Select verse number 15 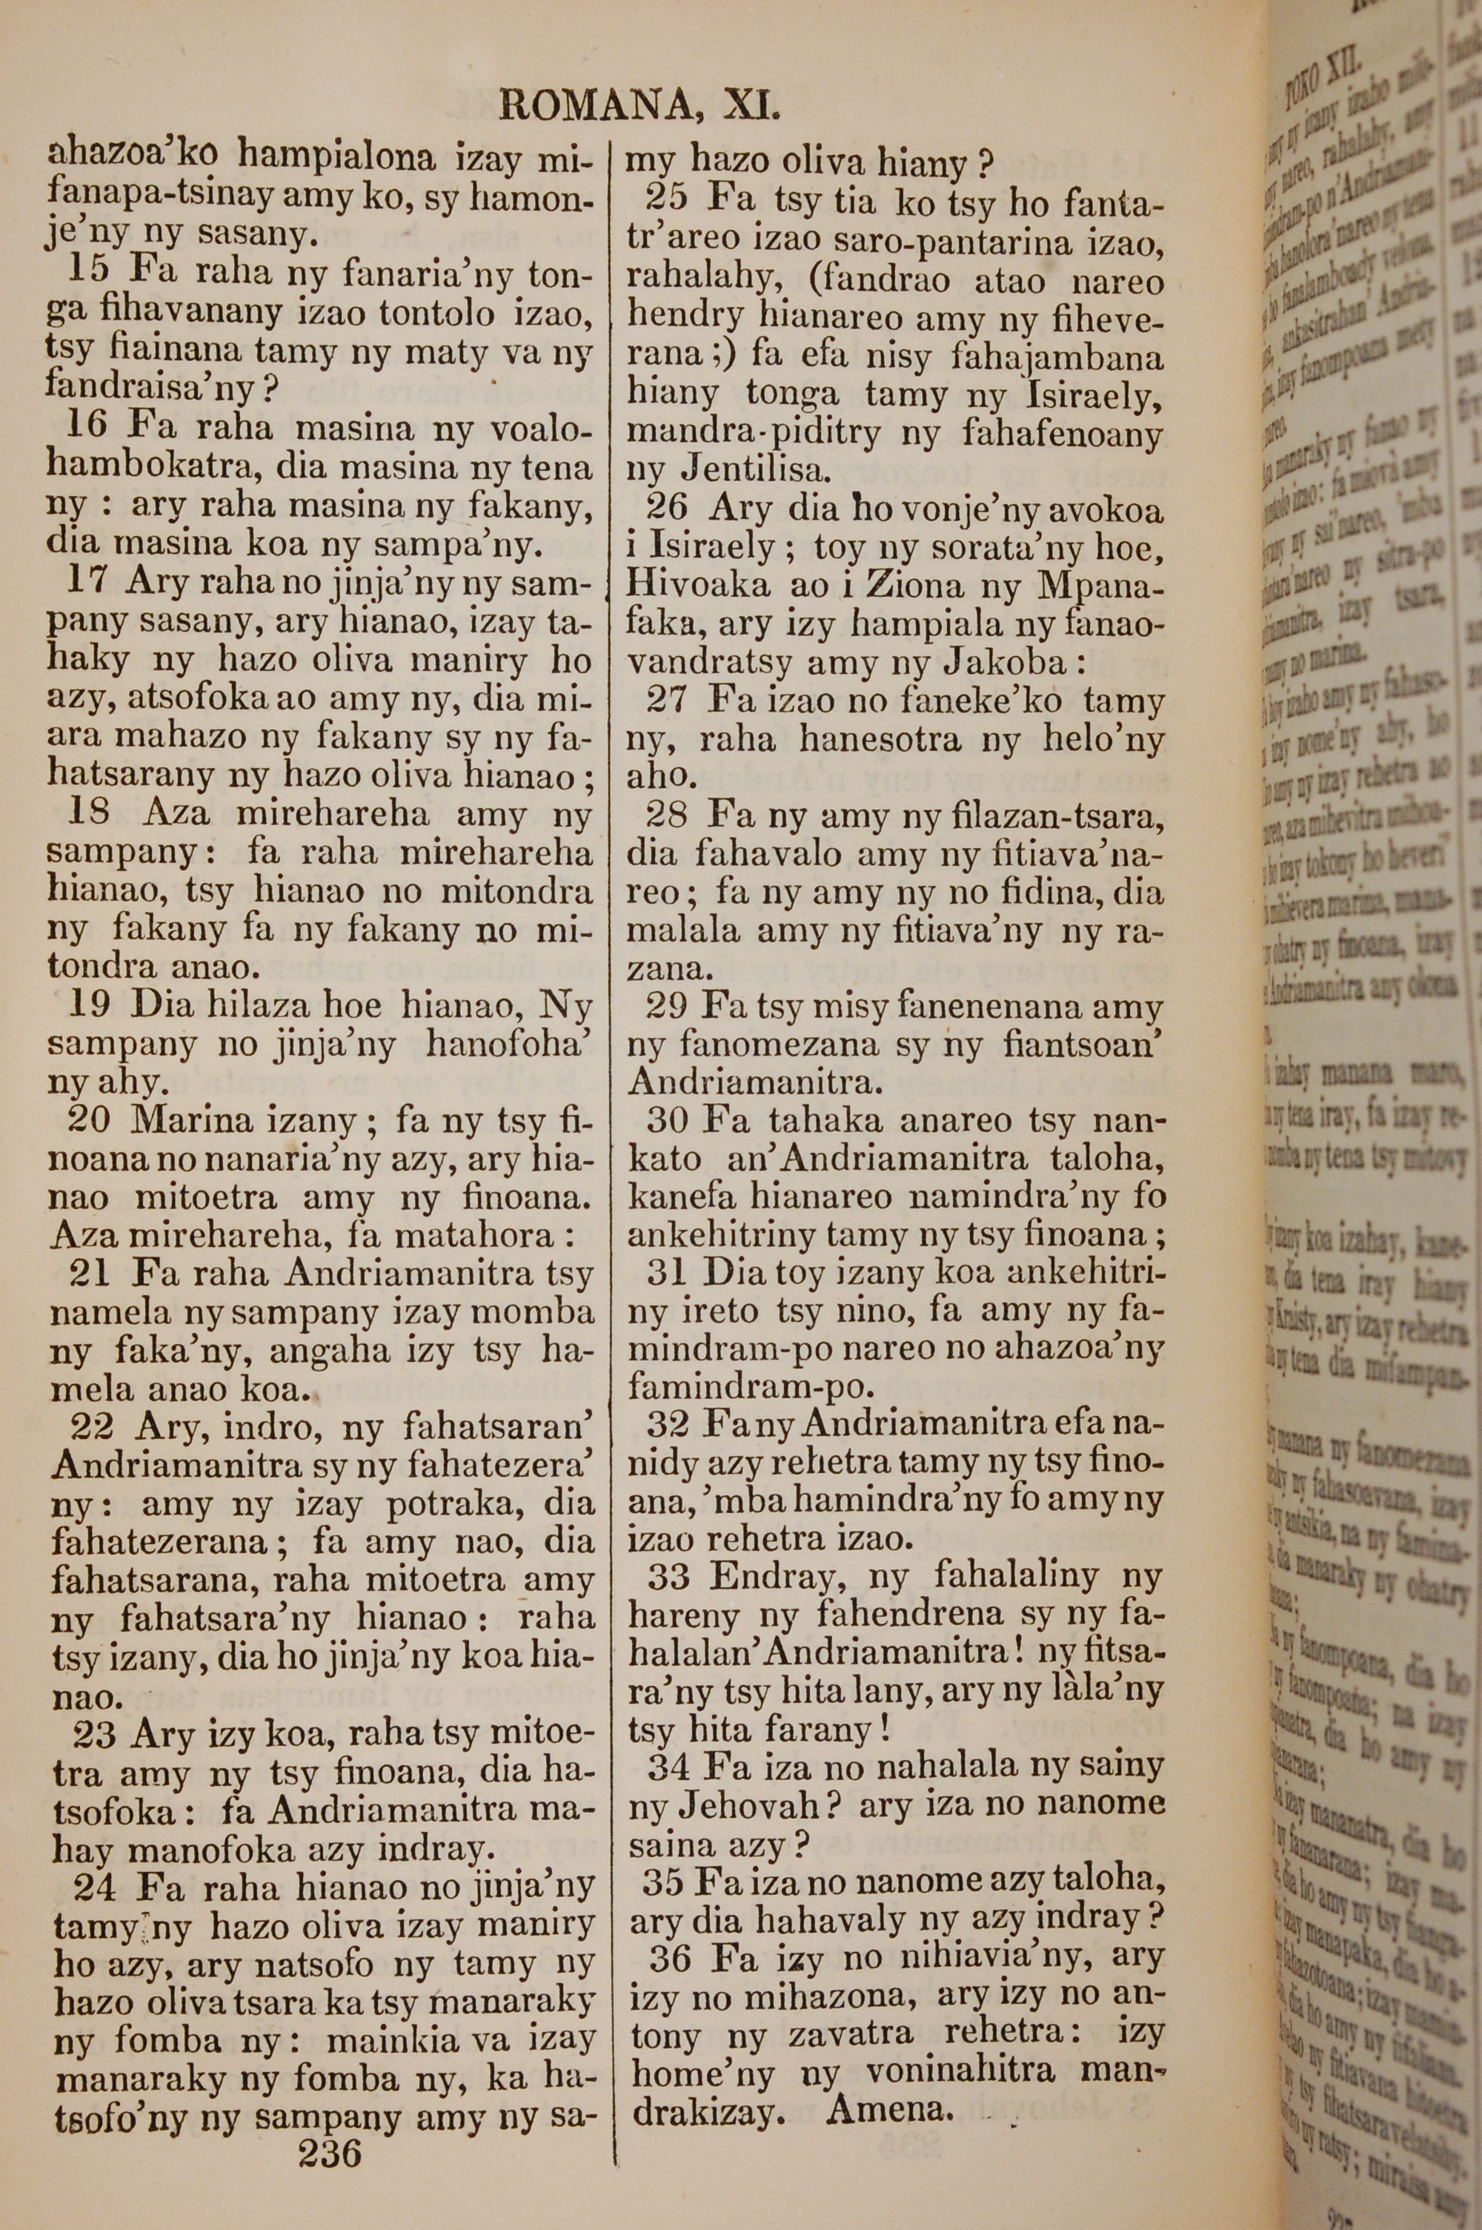tap(89, 271)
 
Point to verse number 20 tap(90, 1120)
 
